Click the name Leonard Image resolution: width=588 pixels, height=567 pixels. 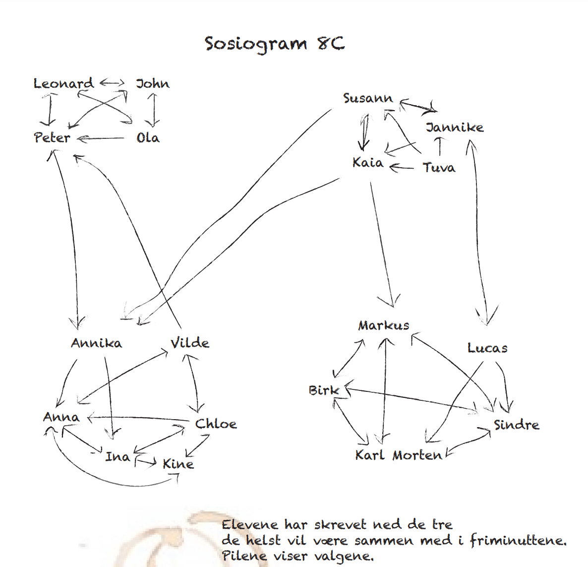[x=63, y=83]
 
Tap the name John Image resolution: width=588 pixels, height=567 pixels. [x=153, y=83]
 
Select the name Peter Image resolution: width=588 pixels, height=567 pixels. [x=52, y=137]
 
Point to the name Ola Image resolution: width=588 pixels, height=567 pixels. [x=148, y=138]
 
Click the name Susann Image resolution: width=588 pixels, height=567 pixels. [x=368, y=98]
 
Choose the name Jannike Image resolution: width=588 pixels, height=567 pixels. [x=455, y=127]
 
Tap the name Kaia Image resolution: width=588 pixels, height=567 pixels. [x=368, y=163]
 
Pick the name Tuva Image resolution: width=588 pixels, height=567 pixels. [x=439, y=167]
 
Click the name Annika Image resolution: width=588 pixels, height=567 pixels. [x=96, y=343]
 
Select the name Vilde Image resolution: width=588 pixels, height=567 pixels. [x=190, y=343]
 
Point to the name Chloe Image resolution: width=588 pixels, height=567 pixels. [x=216, y=424]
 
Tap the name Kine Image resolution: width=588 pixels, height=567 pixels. [x=178, y=464]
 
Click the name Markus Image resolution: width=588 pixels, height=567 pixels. [x=384, y=325]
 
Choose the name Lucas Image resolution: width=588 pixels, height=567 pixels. [x=487, y=348]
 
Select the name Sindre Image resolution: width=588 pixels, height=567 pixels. [x=517, y=425]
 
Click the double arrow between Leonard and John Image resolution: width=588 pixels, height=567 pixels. [x=112, y=82]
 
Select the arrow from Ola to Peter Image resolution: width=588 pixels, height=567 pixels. [x=101, y=139]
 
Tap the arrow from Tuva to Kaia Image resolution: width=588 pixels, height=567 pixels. [x=402, y=167]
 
